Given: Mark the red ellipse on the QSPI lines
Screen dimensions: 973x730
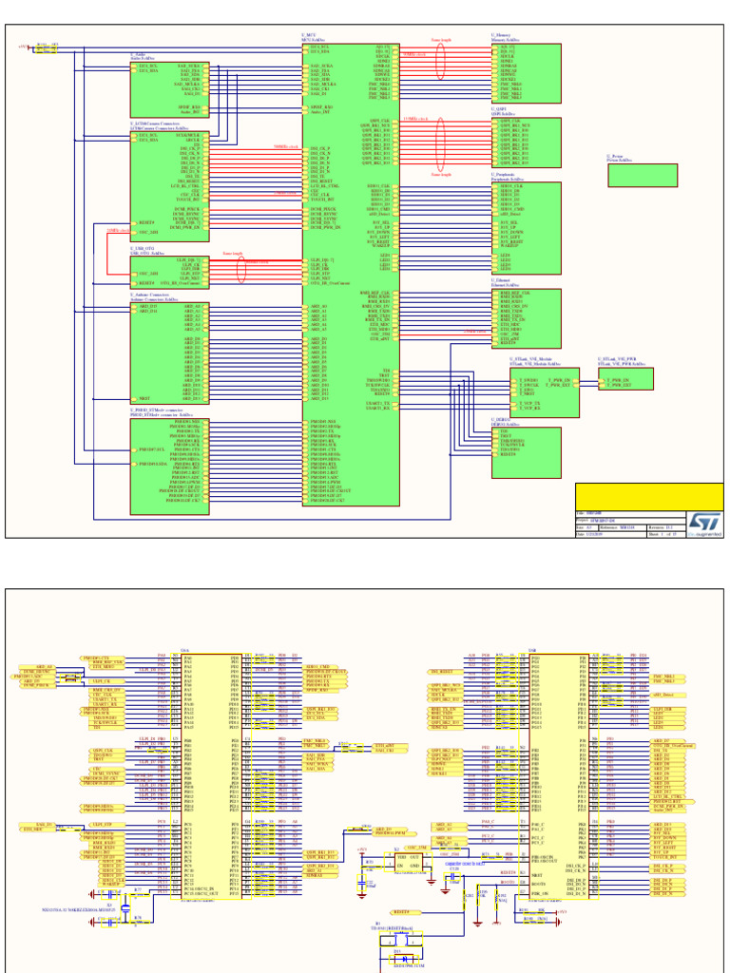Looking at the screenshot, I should [x=440, y=144].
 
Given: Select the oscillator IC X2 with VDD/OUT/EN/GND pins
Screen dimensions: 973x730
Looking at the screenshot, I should [x=406, y=860].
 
